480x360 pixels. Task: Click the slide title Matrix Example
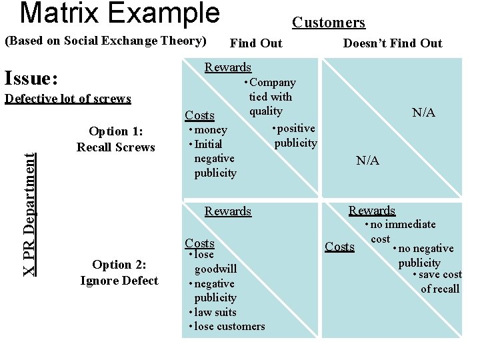tap(119, 13)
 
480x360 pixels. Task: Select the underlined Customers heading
tap(329, 23)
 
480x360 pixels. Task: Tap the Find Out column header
tap(256, 43)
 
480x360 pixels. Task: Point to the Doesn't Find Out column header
tap(392, 43)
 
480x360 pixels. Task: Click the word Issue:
tap(31, 79)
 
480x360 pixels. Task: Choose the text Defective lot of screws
tap(67, 99)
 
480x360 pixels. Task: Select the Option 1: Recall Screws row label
tap(115, 139)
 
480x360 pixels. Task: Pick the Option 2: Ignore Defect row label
tap(119, 272)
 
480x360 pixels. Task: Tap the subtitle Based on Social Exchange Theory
tap(105, 41)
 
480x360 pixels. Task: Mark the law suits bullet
tap(215, 312)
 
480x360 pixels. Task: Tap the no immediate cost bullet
tap(403, 231)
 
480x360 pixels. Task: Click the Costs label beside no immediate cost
tap(339, 247)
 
